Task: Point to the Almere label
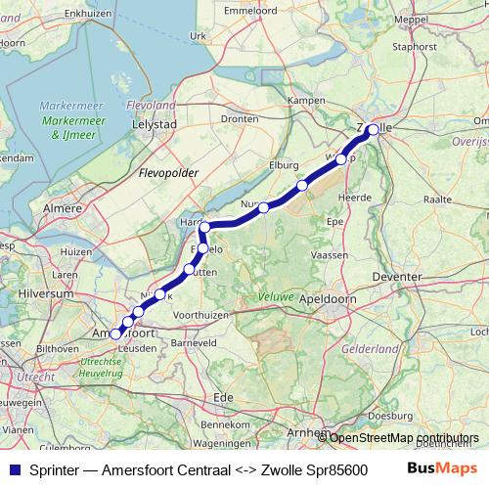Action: point(63,210)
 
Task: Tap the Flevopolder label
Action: point(169,173)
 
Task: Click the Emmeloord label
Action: point(245,11)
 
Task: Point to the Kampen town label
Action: point(305,101)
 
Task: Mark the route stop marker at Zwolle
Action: point(373,129)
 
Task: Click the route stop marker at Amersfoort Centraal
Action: point(115,333)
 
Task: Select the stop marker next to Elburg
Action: point(302,185)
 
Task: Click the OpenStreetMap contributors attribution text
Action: point(404,437)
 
